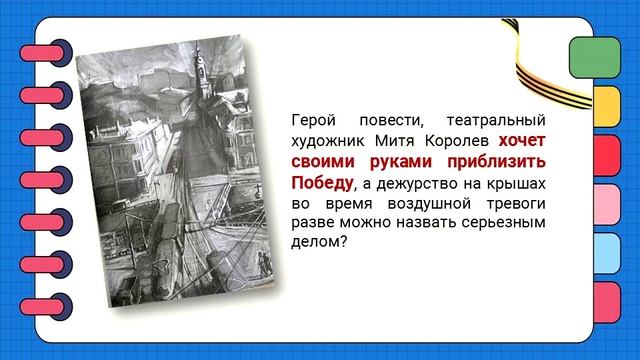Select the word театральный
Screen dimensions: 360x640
[499, 118]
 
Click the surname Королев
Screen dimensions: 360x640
[463, 141]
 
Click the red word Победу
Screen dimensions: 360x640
[320, 184]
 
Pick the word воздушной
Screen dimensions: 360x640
[428, 206]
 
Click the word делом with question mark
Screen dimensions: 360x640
[317, 249]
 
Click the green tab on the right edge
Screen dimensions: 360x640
[591, 57]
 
